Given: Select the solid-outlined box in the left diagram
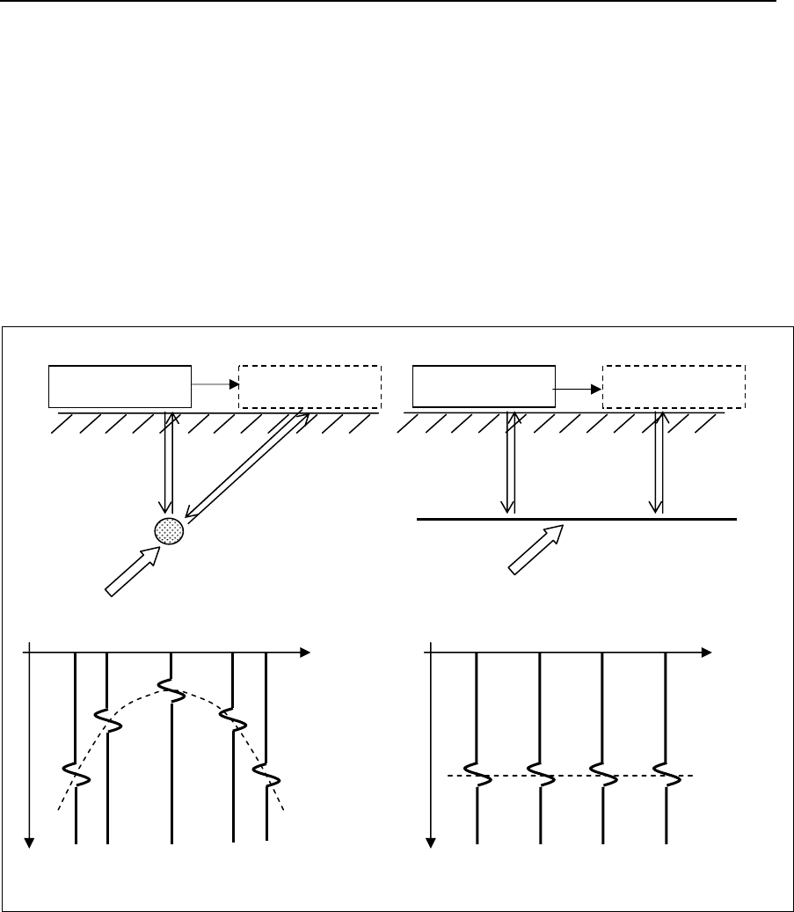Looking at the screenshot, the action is click(120, 386).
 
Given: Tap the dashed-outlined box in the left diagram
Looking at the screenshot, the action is click(310, 386).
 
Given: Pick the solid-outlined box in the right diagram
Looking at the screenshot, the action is click(484, 385).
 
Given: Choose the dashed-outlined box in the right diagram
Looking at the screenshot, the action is click(674, 385).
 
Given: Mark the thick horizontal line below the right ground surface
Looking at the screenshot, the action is click(576, 520).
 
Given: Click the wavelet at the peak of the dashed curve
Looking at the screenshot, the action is click(171, 691).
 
